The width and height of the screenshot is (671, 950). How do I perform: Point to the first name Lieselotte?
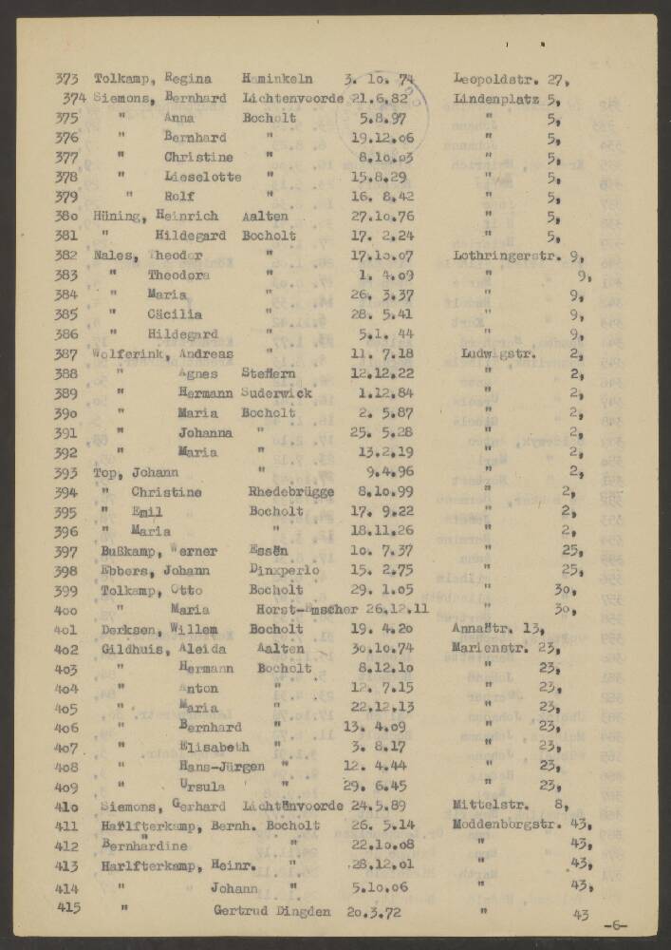point(202,177)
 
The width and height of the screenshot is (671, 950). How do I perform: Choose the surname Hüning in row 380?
point(118,216)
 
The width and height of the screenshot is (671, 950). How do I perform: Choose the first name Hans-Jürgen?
point(221,767)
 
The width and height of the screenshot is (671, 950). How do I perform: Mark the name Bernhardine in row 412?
point(144,846)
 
